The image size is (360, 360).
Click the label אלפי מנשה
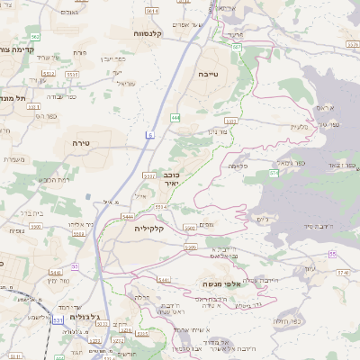(220, 284)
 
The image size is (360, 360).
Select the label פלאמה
(238, 167)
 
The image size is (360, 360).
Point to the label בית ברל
(29, 214)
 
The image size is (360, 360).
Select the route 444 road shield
(175, 117)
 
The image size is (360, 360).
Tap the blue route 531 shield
(58, 319)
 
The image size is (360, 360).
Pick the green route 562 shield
(34, 36)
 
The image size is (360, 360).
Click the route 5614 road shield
(151, 11)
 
